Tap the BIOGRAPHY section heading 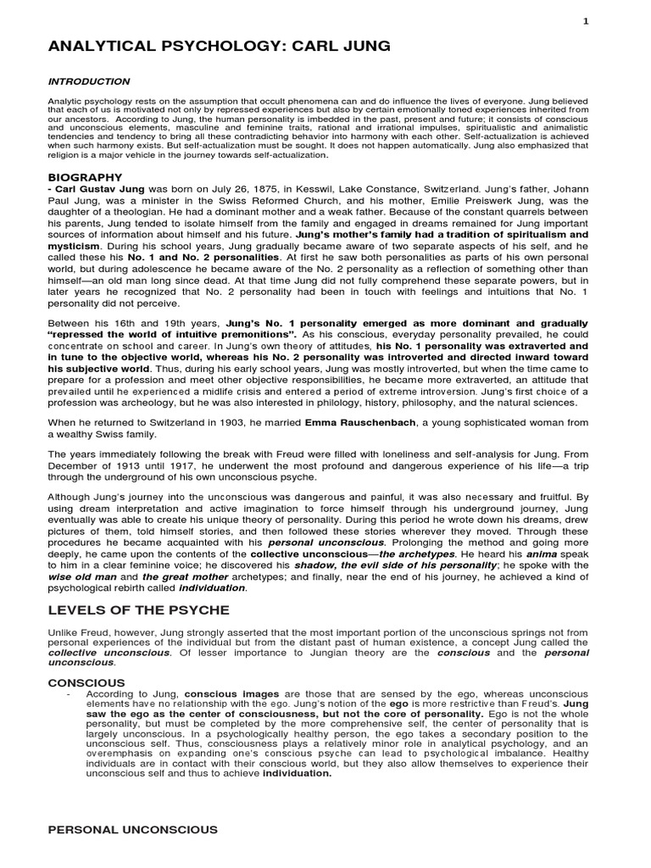coord(86,177)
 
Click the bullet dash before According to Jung coord(67,694)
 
